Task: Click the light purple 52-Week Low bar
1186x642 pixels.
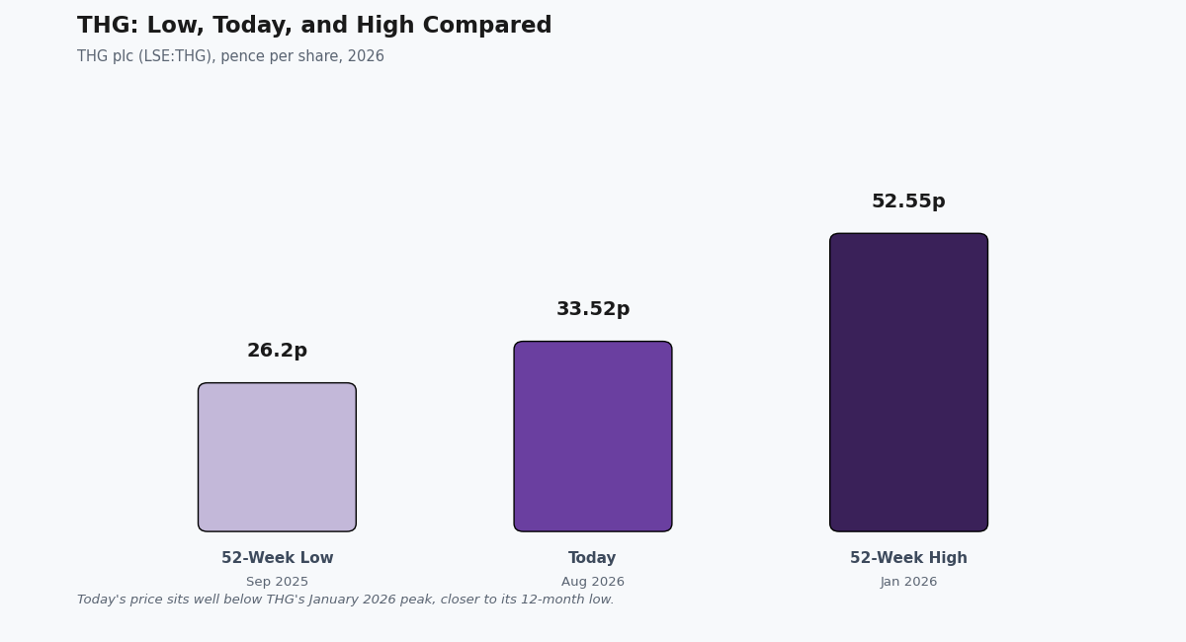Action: pos(277,456)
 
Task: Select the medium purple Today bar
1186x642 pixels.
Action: pos(593,437)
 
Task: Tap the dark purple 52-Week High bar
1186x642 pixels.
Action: pos(908,382)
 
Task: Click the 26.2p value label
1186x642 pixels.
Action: pos(277,351)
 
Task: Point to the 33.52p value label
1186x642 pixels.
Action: pos(593,308)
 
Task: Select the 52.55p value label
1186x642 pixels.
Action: pos(908,201)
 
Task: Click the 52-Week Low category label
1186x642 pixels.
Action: pos(277,558)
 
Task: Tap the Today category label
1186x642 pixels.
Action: pos(592,558)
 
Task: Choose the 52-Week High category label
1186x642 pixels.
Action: pos(908,558)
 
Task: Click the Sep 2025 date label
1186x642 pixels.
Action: pos(277,582)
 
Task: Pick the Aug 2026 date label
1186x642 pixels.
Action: pos(593,582)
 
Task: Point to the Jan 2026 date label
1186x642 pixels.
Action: pos(908,582)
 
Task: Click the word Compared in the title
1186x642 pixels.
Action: pos(487,26)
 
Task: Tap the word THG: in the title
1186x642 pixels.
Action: pos(108,26)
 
